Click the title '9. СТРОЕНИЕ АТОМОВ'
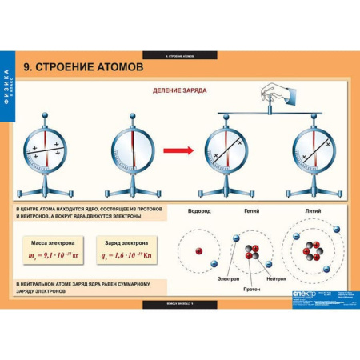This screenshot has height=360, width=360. coord(84,68)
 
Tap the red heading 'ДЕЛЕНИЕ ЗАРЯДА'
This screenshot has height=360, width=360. coord(180,90)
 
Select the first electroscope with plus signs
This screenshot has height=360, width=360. coord(47,152)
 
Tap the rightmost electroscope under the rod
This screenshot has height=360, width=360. coord(310,152)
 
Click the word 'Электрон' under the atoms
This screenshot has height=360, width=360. coord(229,278)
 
